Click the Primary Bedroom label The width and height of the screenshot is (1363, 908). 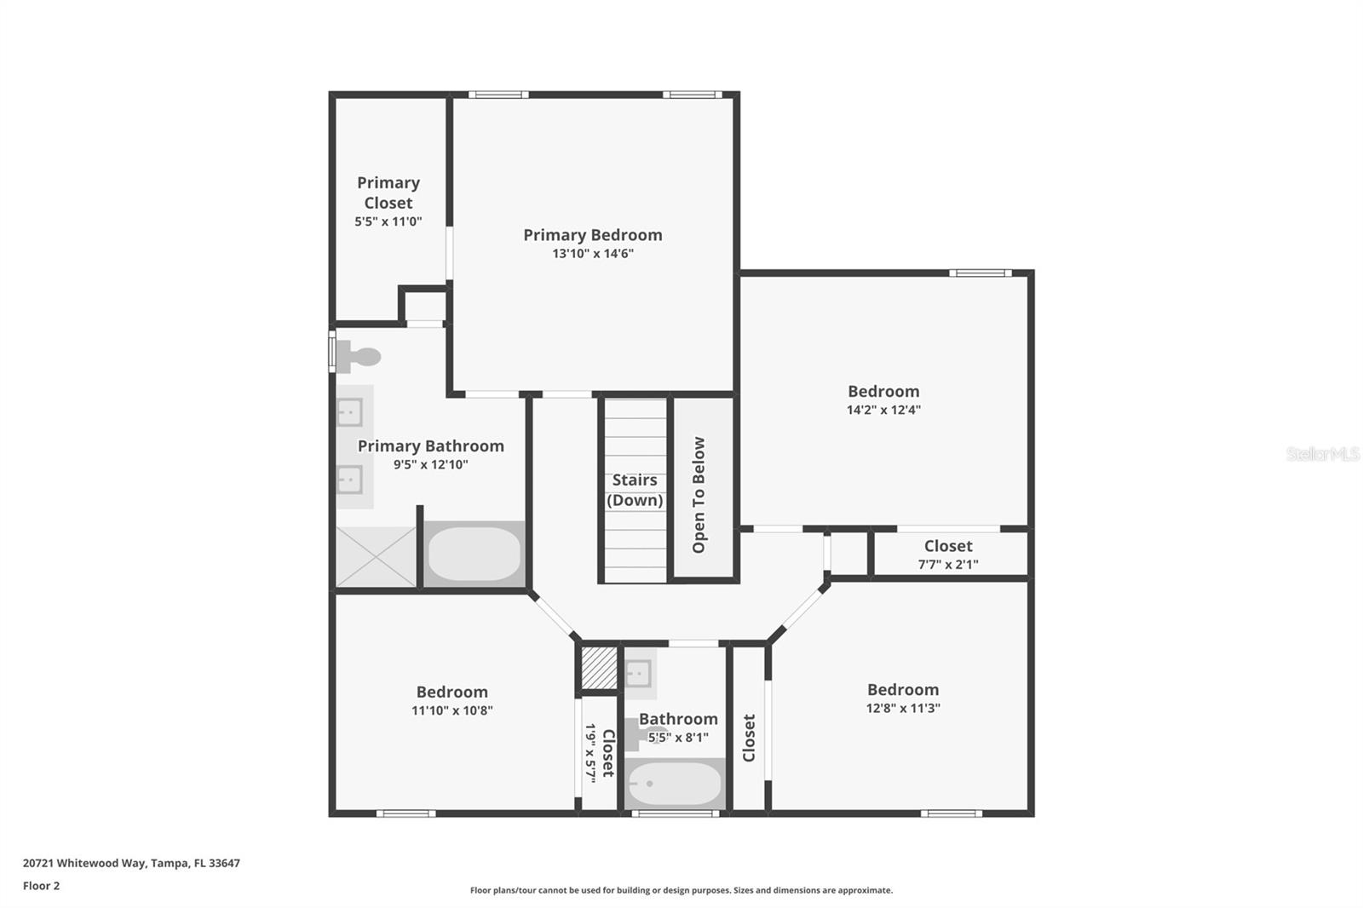(592, 235)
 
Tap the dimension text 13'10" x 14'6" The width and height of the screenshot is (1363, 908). (592, 254)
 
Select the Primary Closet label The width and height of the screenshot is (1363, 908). (388, 193)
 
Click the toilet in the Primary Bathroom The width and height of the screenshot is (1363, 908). (357, 356)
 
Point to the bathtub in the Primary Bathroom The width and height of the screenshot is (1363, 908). (474, 554)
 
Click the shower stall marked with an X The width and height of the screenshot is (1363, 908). (376, 556)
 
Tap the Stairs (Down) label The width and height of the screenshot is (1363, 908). (635, 490)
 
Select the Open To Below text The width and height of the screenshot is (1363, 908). (699, 495)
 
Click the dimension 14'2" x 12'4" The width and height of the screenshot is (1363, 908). (883, 410)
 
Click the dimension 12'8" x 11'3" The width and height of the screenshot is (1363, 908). (903, 708)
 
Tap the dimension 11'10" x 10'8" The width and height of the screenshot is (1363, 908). (451, 710)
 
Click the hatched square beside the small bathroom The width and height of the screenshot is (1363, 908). (599, 668)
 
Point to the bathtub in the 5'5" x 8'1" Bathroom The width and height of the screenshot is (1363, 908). (675, 784)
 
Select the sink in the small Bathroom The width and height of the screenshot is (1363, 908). (639, 673)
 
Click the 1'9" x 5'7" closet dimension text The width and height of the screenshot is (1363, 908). (590, 753)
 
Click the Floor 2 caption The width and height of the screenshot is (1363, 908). (41, 886)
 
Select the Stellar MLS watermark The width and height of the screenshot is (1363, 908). (1322, 454)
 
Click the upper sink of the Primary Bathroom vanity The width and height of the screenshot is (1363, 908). (349, 412)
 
